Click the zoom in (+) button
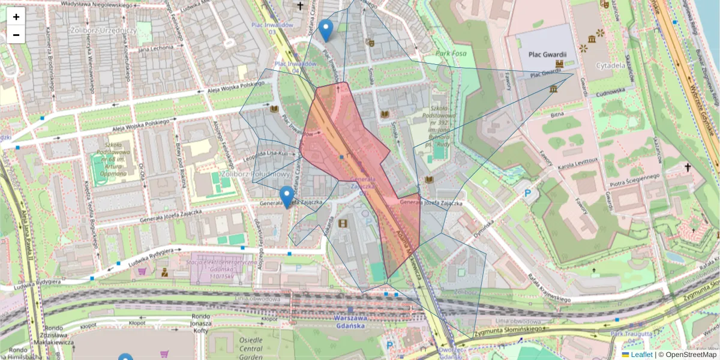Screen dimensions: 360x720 (x=16, y=16)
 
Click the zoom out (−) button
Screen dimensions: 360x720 (x=16, y=35)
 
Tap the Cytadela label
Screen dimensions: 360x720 (x=611, y=64)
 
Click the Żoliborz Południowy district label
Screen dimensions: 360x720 (x=255, y=175)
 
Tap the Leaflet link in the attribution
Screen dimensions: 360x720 (x=641, y=355)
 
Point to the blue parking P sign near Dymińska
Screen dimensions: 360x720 (x=528, y=193)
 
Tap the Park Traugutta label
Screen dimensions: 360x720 (x=631, y=334)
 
